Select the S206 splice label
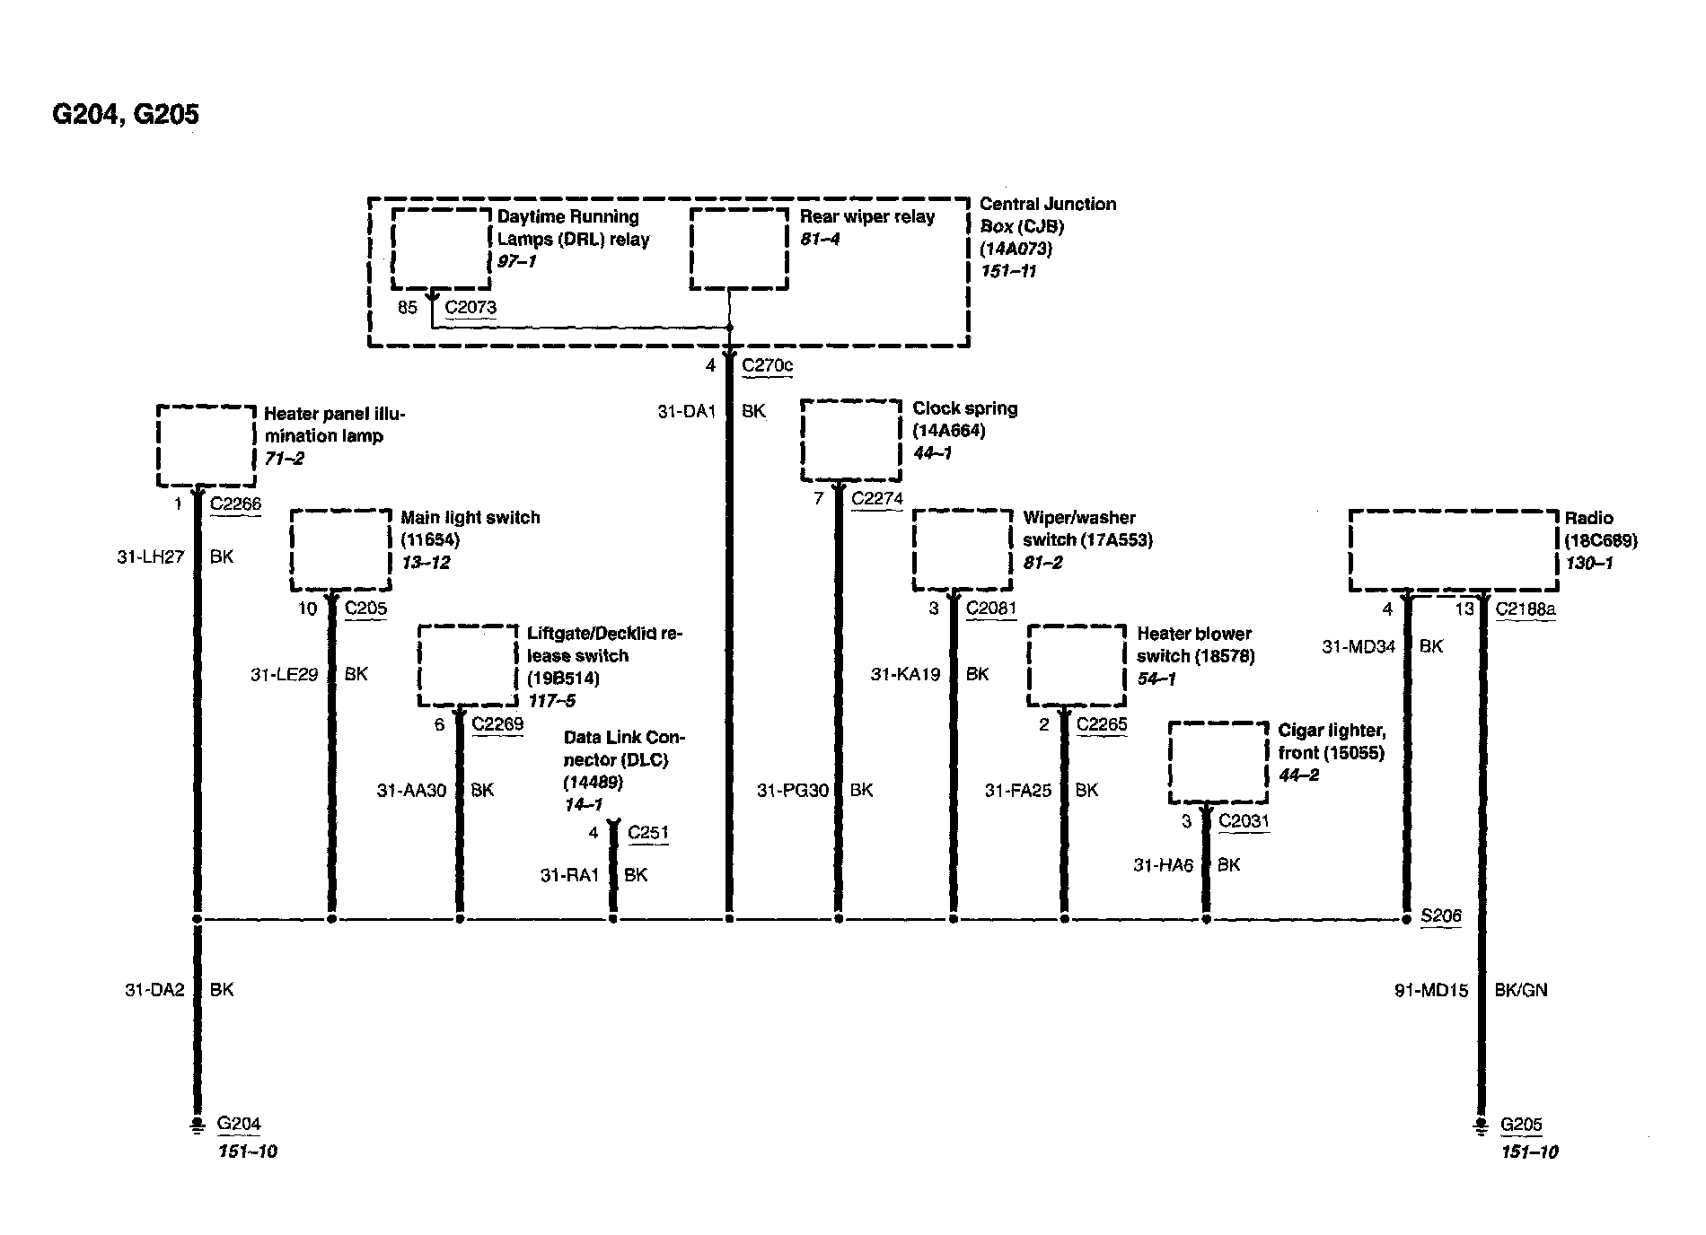1440,915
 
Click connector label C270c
767,365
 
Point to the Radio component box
1453,550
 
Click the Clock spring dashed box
850,441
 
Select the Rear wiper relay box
739,250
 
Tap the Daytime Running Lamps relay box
441,250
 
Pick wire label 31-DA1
687,411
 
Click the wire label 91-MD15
1431,990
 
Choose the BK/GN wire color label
1520,990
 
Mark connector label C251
647,832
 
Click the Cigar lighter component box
1218,763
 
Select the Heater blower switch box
1076,665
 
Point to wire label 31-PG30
793,790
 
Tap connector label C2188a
1526,609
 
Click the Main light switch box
340,550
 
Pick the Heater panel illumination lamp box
207,445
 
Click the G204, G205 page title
126,114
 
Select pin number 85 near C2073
408,307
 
